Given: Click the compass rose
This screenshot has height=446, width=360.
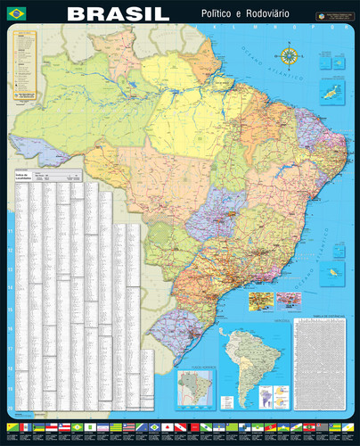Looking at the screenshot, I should [x=290, y=58].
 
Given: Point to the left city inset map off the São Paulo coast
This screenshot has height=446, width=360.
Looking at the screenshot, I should [x=260, y=299].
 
